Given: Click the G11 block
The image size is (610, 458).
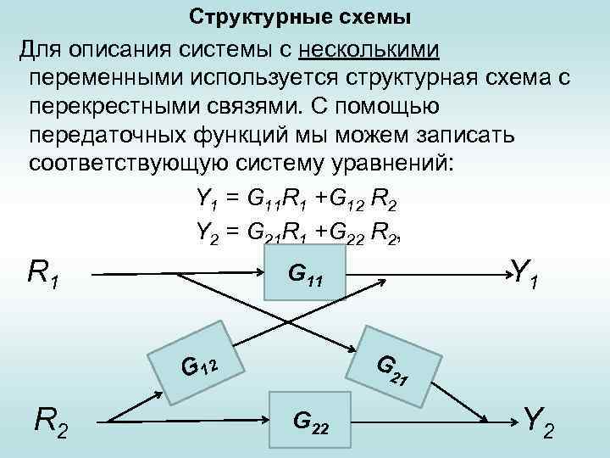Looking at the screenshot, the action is click(305, 273).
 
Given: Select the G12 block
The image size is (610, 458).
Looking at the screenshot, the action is click(197, 362).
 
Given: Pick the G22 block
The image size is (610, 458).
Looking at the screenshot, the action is click(310, 419).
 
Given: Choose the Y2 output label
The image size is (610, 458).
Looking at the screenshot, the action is click(539, 419).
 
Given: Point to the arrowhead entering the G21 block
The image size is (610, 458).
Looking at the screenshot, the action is click(352, 348).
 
